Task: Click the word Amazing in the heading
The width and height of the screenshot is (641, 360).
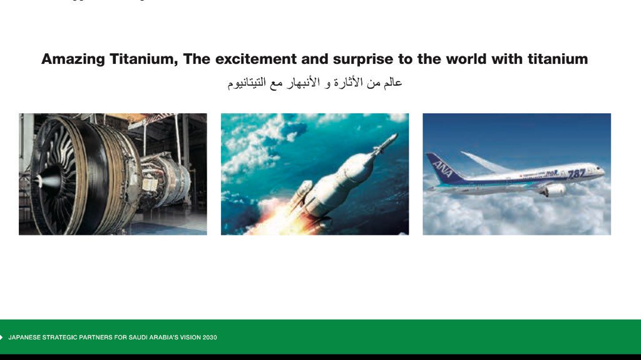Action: pyautogui.click(x=73, y=59)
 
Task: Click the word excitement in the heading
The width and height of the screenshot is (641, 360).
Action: pyautogui.click(x=255, y=59)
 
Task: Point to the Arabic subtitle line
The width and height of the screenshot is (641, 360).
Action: pyautogui.click(x=315, y=83)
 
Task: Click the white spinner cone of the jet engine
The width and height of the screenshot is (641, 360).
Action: pyautogui.click(x=46, y=180)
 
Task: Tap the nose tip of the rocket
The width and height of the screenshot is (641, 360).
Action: pyautogui.click(x=396, y=135)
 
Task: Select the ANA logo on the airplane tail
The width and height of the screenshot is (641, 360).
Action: pyautogui.click(x=443, y=168)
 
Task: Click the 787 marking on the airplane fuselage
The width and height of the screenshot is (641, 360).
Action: pyautogui.click(x=577, y=174)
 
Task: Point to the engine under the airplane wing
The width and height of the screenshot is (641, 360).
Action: pyautogui.click(x=555, y=190)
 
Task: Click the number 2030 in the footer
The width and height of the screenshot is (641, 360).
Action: pyautogui.click(x=210, y=337)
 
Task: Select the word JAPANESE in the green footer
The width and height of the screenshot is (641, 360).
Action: pyautogui.click(x=24, y=337)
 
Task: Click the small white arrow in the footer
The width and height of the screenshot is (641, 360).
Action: pyautogui.click(x=1, y=337)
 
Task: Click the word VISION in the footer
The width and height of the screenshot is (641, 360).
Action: pyautogui.click(x=190, y=337)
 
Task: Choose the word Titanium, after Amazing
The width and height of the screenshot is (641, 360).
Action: pyautogui.click(x=144, y=59)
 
